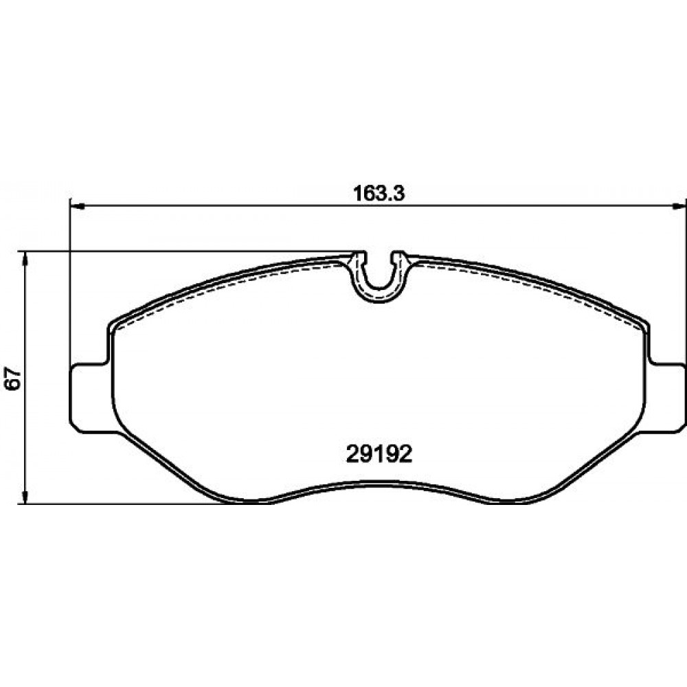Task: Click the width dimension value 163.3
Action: [379, 193]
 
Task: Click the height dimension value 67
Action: [13, 377]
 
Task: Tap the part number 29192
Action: [379, 454]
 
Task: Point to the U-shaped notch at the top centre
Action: [380, 285]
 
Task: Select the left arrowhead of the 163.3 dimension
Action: [77, 206]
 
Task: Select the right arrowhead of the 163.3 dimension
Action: [679, 206]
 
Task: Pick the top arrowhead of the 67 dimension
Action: [25, 259]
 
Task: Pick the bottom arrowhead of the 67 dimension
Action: [25, 497]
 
